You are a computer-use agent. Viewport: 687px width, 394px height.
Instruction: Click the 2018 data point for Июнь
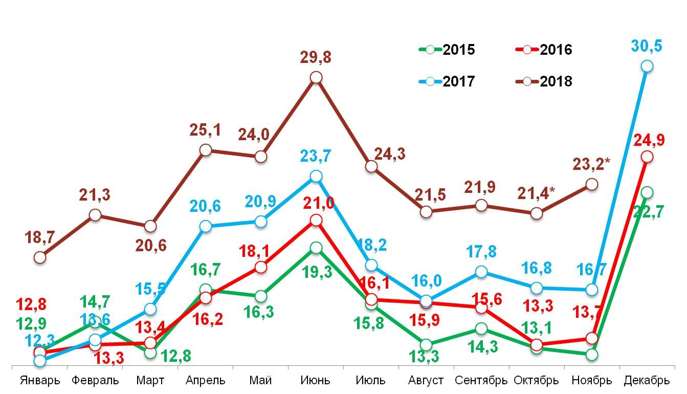(x=316, y=77)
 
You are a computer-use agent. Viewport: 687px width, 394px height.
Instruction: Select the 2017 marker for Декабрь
(x=647, y=66)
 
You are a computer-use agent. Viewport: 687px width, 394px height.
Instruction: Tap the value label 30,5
(x=647, y=46)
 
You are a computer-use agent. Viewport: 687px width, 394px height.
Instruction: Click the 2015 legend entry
(x=447, y=50)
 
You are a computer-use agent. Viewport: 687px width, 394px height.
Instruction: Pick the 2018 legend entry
(x=543, y=81)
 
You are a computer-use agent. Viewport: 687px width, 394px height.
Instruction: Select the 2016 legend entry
(x=543, y=50)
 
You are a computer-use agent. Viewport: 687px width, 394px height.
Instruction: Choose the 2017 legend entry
(x=447, y=81)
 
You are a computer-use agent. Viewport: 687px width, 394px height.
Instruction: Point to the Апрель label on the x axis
(x=206, y=381)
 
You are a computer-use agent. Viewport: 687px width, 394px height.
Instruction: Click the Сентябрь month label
(x=481, y=381)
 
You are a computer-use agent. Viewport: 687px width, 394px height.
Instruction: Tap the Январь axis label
(x=40, y=381)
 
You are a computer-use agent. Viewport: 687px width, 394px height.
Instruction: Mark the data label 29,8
(x=316, y=57)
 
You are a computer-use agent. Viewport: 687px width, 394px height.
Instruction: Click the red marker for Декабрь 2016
(x=647, y=157)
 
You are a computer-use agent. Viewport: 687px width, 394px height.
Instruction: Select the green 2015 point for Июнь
(x=316, y=248)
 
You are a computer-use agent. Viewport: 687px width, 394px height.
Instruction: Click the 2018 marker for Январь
(x=40, y=257)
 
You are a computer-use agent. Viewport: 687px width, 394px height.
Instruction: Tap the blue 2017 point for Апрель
(x=206, y=226)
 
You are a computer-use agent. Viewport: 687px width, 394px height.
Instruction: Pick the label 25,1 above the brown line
(x=206, y=130)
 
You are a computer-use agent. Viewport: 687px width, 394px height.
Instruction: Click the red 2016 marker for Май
(x=261, y=267)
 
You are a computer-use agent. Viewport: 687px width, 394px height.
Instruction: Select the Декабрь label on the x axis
(x=647, y=381)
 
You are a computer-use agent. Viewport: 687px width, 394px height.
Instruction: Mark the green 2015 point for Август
(x=426, y=344)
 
